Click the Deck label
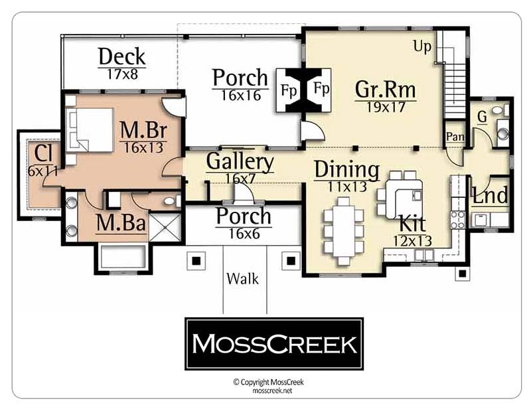122,57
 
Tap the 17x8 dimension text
123,74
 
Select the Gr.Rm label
386,90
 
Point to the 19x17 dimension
386,107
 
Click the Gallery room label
240,161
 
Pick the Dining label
346,169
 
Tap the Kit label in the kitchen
412,224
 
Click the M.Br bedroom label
143,129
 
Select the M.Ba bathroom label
121,223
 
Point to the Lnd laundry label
490,195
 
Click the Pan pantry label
455,137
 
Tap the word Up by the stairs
422,46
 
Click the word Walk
243,279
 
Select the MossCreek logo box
274,344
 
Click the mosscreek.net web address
272,390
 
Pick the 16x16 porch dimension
241,96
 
